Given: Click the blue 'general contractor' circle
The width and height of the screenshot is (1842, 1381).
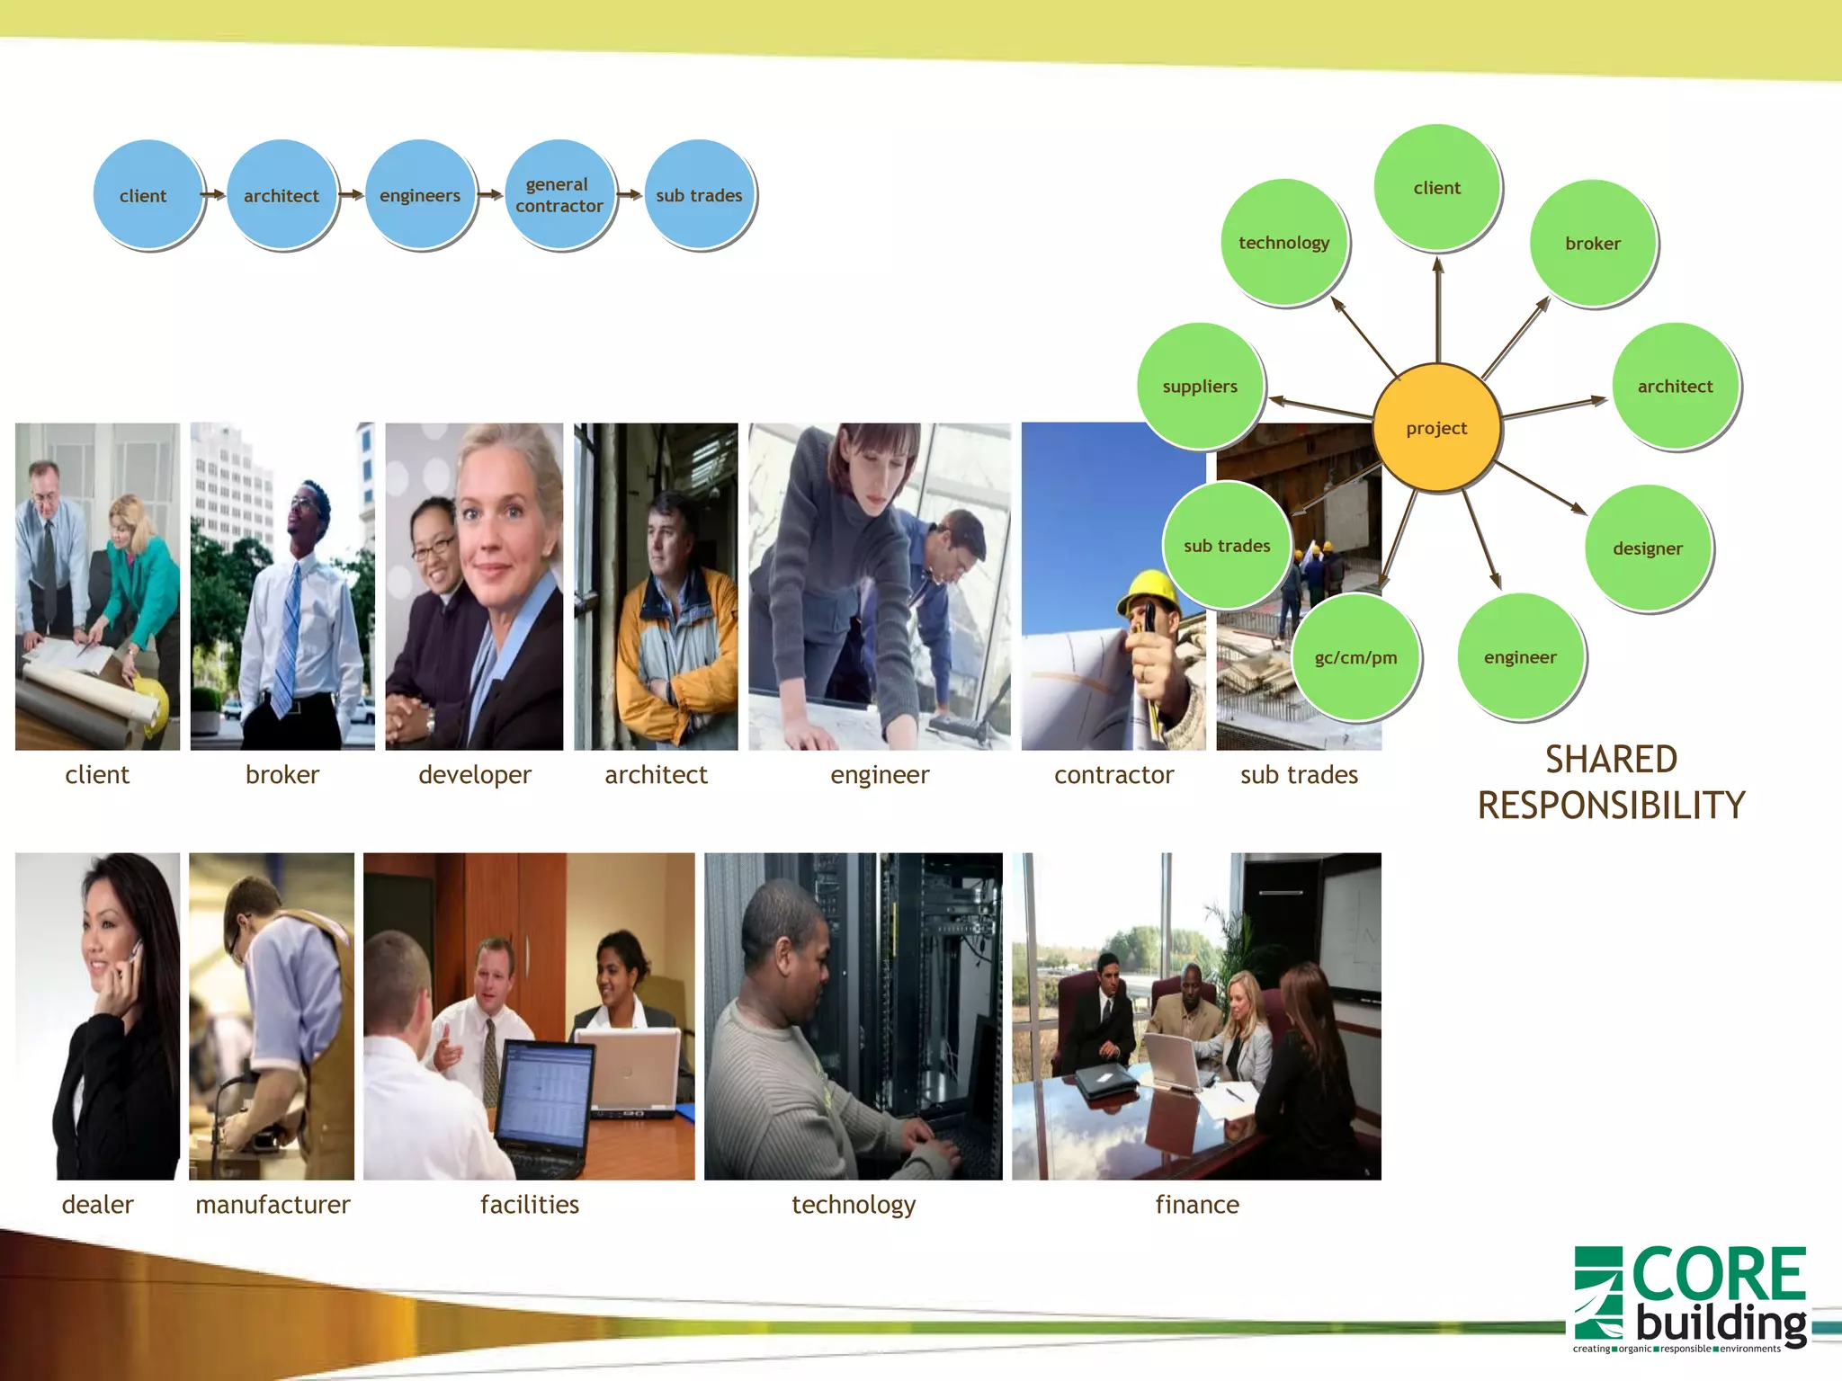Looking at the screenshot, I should [x=559, y=194].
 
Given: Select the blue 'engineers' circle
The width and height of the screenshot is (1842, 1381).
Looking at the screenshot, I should [x=420, y=194].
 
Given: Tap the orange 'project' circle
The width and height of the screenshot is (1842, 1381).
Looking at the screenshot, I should [x=1436, y=428].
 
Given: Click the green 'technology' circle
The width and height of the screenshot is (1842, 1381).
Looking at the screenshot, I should [x=1283, y=242].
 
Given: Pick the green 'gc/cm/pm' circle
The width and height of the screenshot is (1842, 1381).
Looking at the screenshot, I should [x=1355, y=657].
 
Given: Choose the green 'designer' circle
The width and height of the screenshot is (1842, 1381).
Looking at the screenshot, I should [x=1647, y=548].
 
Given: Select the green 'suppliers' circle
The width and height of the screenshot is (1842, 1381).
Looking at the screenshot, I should [x=1200, y=386].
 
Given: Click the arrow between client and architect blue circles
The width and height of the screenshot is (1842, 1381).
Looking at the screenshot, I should [x=213, y=194].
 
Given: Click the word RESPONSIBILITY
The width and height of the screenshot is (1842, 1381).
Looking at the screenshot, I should [x=1611, y=805].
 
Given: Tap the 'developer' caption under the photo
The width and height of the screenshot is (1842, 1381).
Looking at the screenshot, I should [x=474, y=774].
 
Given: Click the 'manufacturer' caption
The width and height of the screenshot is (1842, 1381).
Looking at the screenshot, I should [x=273, y=1204].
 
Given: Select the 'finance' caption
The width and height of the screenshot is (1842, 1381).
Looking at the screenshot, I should [x=1196, y=1204].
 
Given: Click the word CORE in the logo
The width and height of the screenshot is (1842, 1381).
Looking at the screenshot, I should [x=1717, y=1274].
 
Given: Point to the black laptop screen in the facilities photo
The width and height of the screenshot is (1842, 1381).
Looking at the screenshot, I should [x=545, y=1092].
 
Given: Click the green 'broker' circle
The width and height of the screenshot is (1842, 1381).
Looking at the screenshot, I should [x=1592, y=243].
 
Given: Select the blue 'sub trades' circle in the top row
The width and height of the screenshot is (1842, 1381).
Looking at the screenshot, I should [x=699, y=194].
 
